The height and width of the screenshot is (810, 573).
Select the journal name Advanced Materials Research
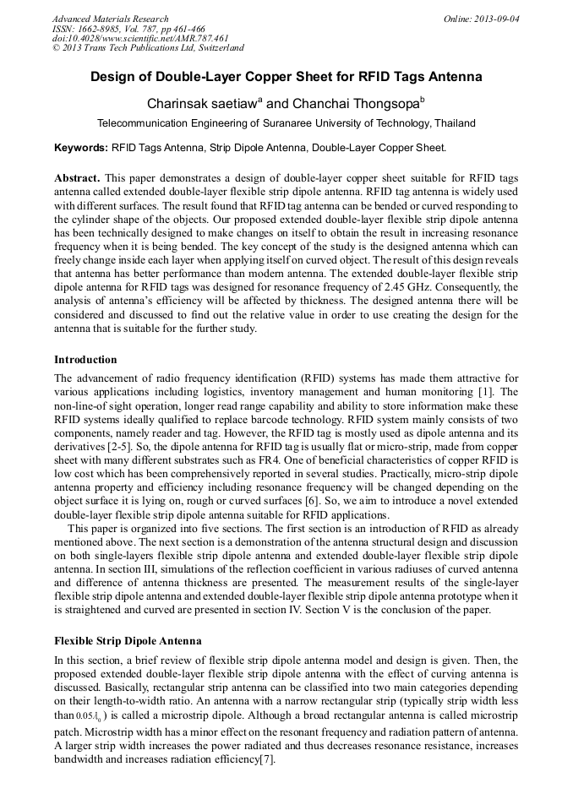point(111,18)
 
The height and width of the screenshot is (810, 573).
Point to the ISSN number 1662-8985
point(101,28)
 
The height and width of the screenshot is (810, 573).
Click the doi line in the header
point(140,38)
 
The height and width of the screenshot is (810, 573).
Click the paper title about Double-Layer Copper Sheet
point(286,77)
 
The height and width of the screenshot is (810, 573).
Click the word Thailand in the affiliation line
point(454,123)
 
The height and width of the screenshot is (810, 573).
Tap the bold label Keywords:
point(81,147)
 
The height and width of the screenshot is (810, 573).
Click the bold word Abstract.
point(77,178)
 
